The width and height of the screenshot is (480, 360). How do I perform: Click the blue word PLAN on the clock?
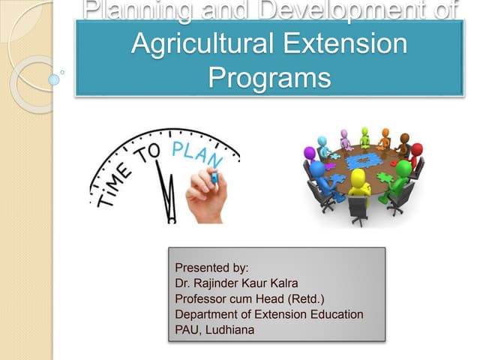197,154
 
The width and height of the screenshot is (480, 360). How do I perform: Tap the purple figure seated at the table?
310,157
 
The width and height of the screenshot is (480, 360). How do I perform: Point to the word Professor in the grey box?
202,298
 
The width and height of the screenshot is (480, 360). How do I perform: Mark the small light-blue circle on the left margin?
53,79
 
